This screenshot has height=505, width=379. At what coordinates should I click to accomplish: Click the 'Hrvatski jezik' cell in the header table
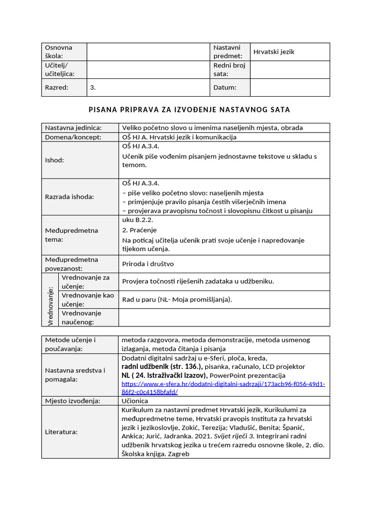pos(274,52)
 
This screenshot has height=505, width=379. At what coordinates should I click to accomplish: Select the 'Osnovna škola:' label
pos(59,52)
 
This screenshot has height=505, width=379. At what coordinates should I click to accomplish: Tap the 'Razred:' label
pos(57,87)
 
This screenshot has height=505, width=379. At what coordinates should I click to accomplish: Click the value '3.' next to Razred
pos(93,87)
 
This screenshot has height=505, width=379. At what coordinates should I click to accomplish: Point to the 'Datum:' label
pos(225,87)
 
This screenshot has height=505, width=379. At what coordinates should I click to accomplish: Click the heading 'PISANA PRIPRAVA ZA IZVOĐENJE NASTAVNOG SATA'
pos(189,109)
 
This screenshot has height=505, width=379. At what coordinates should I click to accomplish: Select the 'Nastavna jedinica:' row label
pos(73,127)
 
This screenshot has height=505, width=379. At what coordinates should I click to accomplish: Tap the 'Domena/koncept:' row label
pos(73,137)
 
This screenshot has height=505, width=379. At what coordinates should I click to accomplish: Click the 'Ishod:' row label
pos(55,160)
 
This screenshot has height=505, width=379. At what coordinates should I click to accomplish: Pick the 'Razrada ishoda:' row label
pos(70,196)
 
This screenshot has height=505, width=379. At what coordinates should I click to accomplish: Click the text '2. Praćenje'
pos(139,230)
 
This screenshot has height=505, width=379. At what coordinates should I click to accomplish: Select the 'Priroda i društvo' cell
pos(148,264)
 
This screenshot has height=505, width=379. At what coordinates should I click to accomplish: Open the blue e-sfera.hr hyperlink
pos(223,388)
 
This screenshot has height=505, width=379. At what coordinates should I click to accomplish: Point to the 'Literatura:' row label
pos(61,432)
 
